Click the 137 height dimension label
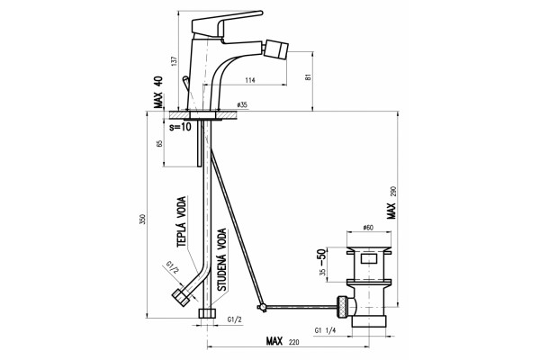coord(175,61)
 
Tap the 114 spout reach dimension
coord(250,80)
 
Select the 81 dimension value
coord(308,76)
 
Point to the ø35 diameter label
coord(242,105)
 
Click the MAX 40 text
coord(158,92)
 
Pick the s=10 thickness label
coord(180,127)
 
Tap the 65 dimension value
coord(159,144)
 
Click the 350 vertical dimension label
coord(142,219)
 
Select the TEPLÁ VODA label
coord(182,221)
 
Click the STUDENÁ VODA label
coord(222,259)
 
